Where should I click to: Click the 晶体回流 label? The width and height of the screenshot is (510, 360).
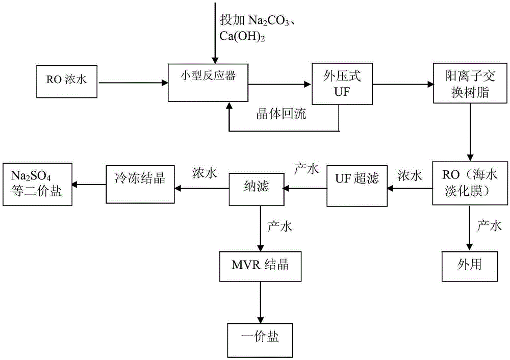[x=282, y=114]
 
